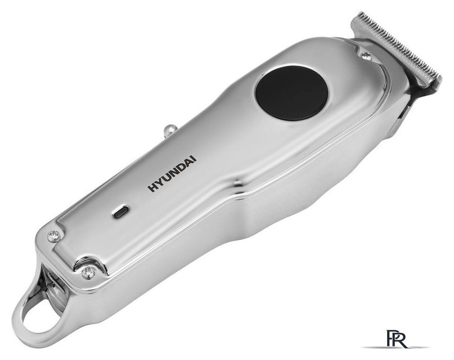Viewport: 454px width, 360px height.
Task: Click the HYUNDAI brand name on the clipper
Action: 172,174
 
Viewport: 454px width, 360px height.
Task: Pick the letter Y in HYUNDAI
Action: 159,183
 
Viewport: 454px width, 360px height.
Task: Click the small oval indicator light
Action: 120,212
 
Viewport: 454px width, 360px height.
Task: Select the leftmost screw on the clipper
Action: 53,236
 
